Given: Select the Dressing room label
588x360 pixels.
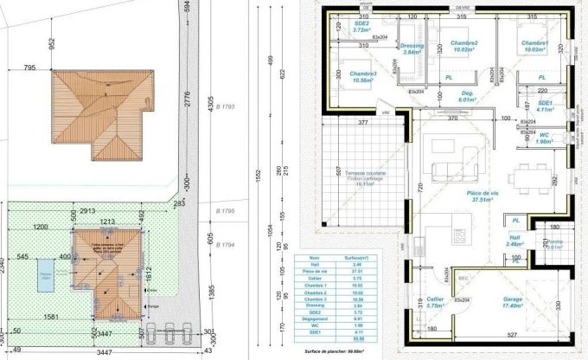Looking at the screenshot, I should [412, 48].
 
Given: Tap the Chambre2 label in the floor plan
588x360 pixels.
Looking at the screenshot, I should [464, 45].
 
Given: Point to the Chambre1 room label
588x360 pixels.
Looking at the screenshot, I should [535, 45].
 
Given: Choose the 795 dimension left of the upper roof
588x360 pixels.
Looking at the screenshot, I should [29, 67].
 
